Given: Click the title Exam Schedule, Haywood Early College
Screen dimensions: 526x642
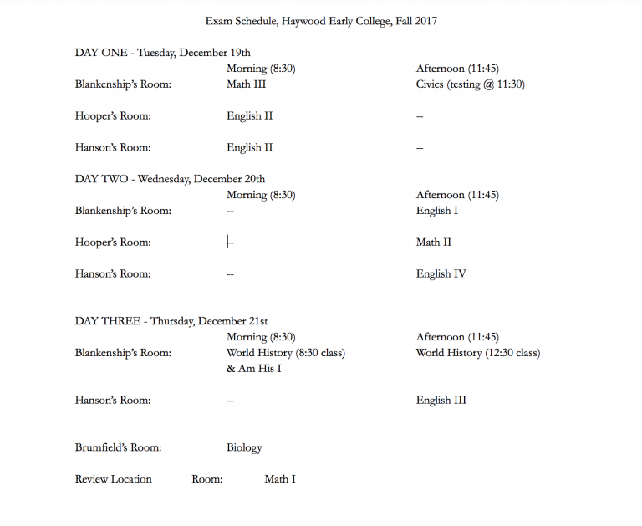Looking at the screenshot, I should [321, 21].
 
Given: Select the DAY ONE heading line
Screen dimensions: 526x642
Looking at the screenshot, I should [163, 53].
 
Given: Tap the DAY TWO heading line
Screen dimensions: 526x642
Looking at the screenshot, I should [171, 179].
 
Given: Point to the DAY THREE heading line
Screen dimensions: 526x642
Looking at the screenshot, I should [171, 321].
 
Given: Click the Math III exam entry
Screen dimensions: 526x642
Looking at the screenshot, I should [246, 84].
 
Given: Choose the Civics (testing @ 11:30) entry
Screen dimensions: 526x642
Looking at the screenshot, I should [470, 84].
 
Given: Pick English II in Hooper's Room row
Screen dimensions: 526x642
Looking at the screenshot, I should [249, 116].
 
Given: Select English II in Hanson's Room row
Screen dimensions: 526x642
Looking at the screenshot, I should [249, 148].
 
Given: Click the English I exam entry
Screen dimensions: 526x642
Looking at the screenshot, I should [436, 211].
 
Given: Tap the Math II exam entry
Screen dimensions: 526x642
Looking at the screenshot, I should [433, 243].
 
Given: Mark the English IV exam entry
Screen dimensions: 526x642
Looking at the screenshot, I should [441, 273].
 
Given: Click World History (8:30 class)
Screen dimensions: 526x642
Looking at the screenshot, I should [285, 353].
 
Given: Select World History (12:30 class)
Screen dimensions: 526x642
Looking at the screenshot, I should [477, 353].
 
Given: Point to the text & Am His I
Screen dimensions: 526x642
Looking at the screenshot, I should [253, 369].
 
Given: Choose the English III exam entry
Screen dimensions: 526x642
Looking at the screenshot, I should [441, 401].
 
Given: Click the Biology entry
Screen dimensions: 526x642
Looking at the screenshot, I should [244, 448].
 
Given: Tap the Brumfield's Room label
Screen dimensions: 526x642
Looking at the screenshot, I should [118, 447].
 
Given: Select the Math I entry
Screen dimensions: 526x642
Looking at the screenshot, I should [280, 479].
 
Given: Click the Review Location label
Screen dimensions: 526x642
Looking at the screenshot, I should [114, 479].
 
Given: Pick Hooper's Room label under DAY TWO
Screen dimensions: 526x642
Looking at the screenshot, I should [113, 243].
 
